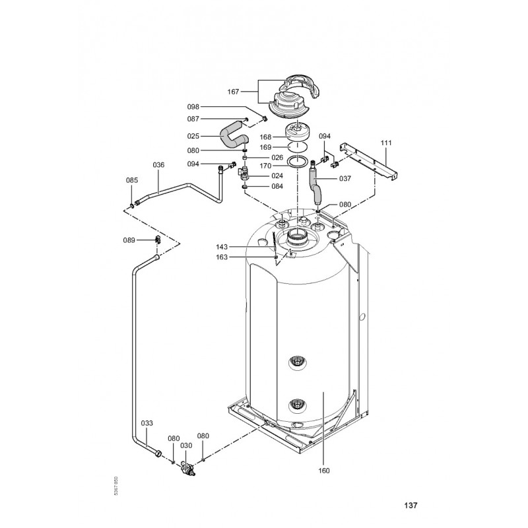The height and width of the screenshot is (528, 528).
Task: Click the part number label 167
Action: (233, 92)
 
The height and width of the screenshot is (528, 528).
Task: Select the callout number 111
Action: (386, 143)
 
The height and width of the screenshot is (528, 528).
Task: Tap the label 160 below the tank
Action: (324, 471)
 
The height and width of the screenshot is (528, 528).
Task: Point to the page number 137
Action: (411, 505)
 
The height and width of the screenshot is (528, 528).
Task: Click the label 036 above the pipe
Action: (158, 164)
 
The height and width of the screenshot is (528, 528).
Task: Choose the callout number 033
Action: (147, 423)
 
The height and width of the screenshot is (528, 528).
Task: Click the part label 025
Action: (193, 136)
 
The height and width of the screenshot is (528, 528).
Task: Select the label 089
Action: (129, 240)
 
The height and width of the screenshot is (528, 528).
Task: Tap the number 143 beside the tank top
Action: (222, 247)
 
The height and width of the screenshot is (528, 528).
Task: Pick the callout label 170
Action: (265, 166)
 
